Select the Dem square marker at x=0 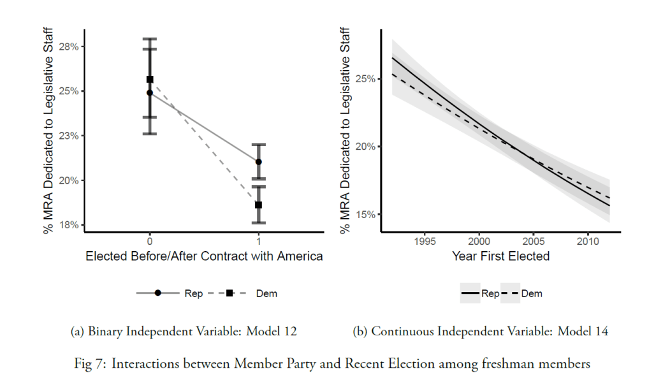150,80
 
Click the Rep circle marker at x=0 150,92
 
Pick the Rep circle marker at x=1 258,162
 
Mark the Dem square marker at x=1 258,205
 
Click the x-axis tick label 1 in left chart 258,242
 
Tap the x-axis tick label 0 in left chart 150,242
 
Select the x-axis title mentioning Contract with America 204,256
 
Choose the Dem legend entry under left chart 266,293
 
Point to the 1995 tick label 425,242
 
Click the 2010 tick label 588,242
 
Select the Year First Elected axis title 500,256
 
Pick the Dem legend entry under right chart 531,294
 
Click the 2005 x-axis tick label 534,242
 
